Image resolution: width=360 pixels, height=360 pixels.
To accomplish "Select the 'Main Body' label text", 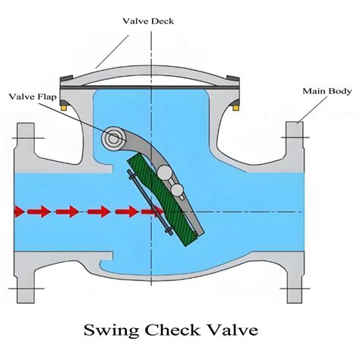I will (x=327, y=91).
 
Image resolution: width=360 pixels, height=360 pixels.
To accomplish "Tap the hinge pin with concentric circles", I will (x=115, y=139).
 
